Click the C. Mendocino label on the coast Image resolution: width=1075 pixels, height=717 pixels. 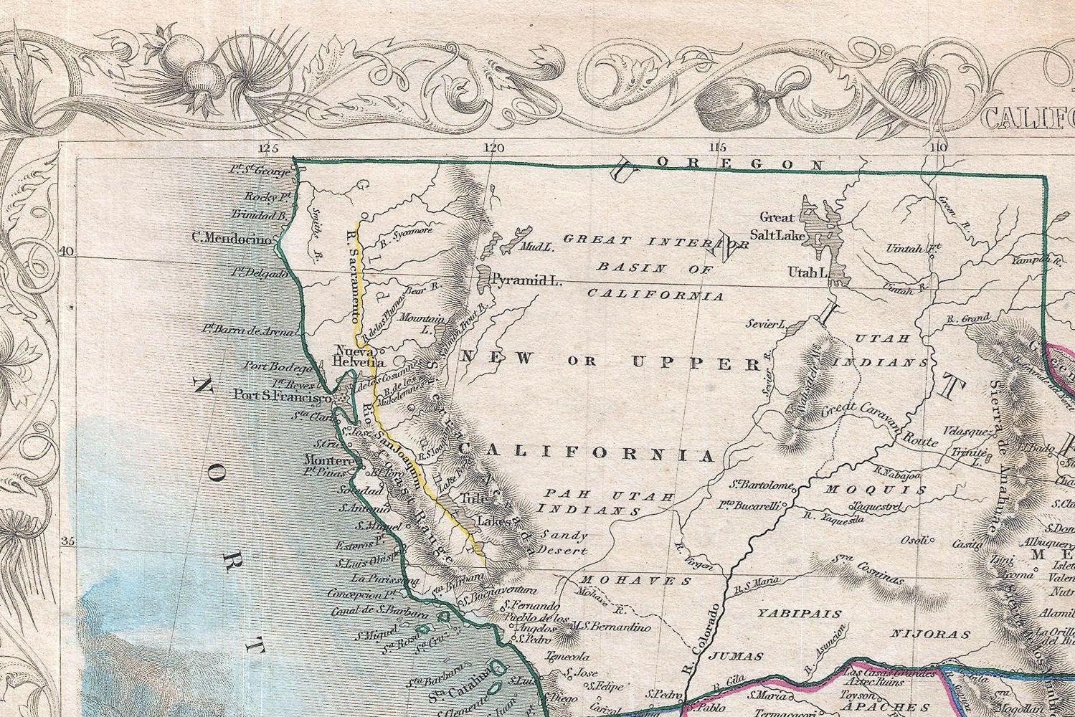[x=232, y=239]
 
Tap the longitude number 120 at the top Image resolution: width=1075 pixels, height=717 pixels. [x=493, y=148]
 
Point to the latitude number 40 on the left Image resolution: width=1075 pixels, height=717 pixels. [x=67, y=252]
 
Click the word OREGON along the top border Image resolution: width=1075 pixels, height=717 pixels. [x=739, y=164]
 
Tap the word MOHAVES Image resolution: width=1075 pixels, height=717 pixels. [x=635, y=580]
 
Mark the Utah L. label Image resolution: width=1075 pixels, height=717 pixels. [x=808, y=273]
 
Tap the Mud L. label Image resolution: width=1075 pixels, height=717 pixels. [x=538, y=248]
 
